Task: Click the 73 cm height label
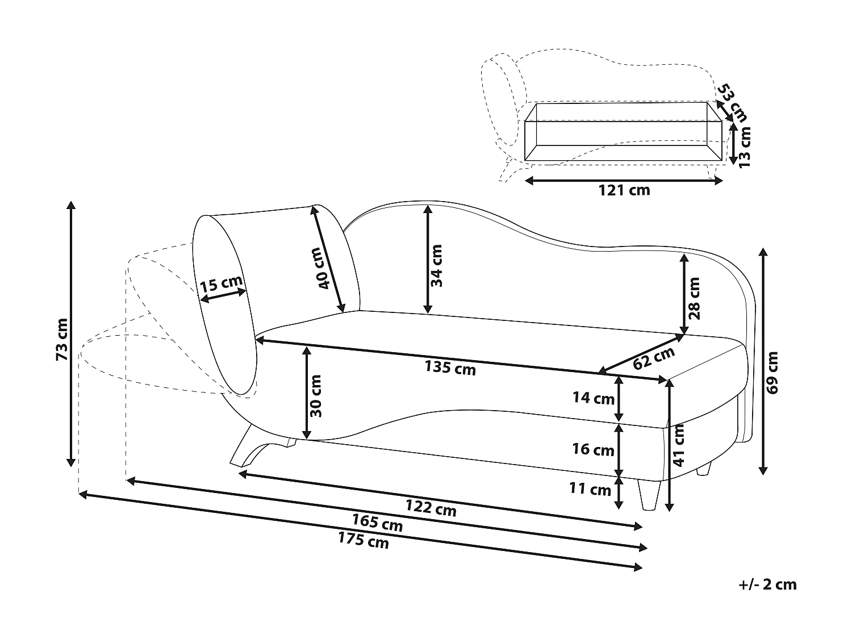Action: (62, 339)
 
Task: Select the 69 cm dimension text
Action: (772, 372)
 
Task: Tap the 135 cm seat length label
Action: (450, 368)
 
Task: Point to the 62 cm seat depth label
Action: (654, 357)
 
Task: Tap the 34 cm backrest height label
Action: (437, 266)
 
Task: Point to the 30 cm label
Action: (316, 396)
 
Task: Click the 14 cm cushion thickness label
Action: (593, 398)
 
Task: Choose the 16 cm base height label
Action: (593, 450)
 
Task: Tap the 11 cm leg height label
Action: (590, 488)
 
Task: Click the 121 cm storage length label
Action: (624, 190)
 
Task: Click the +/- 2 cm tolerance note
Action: (768, 584)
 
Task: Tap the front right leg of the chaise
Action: (649, 493)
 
